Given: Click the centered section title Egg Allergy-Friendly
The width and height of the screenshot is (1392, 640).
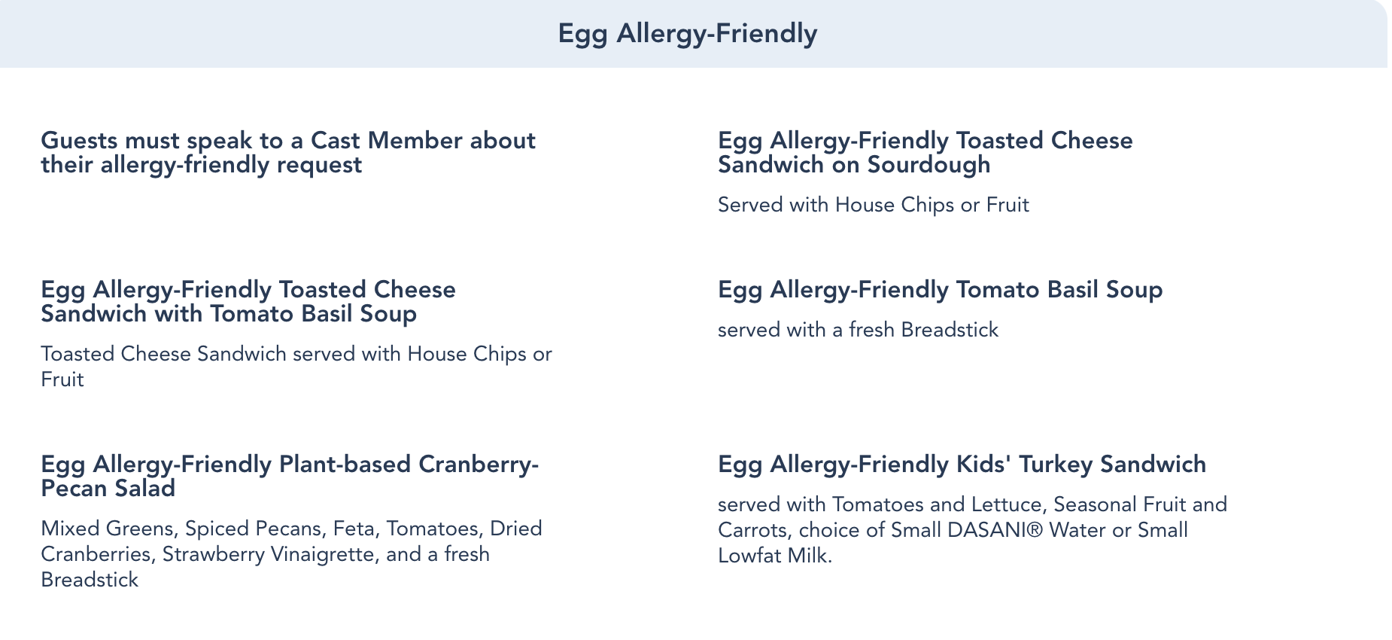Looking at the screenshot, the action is [688, 34].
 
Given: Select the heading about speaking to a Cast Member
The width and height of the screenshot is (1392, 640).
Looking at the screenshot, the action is [288, 152].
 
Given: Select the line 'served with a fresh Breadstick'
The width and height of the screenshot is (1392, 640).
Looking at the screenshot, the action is [859, 330].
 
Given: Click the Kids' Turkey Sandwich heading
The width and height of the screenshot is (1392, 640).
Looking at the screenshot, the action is [962, 465].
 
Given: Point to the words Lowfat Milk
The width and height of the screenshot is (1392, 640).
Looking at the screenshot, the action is [775, 556].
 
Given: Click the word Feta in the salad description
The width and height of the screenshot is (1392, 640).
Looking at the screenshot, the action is [354, 529].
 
